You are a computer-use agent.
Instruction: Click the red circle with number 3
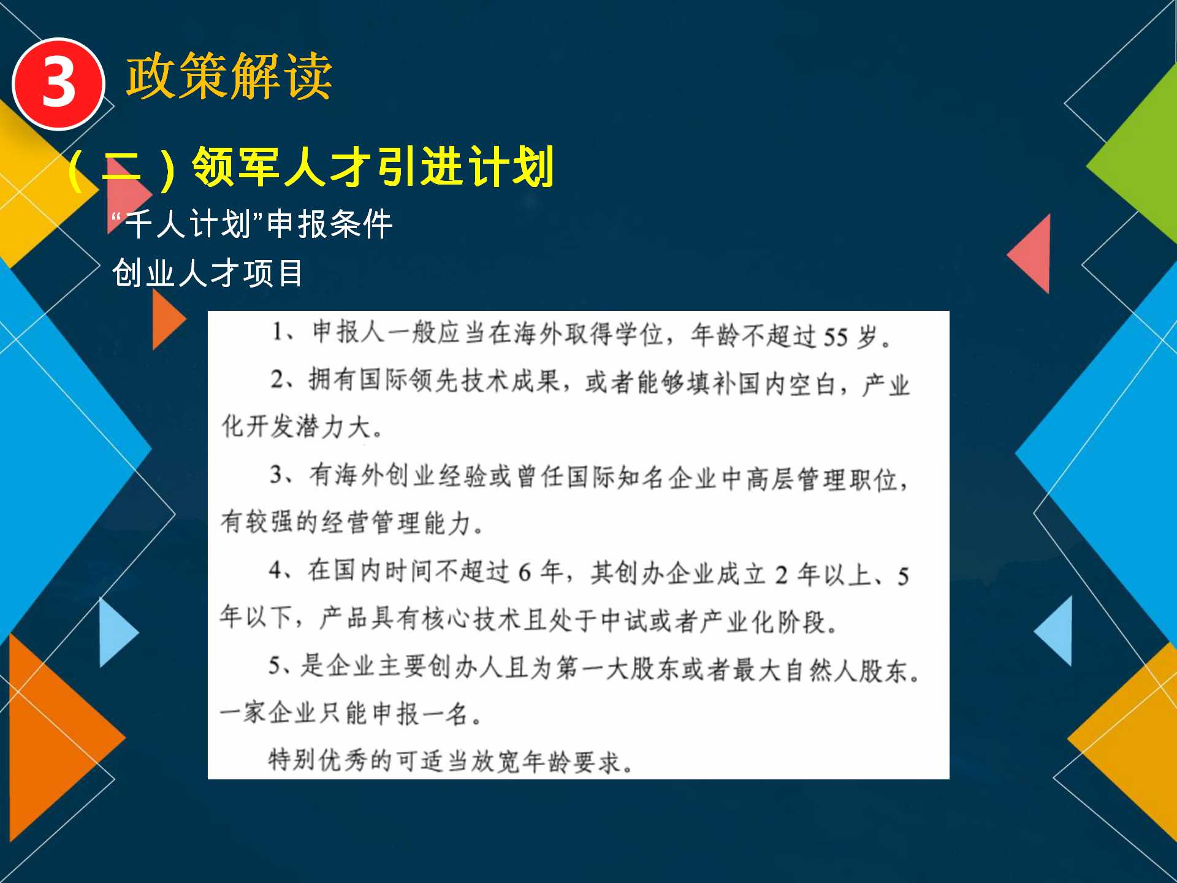tap(58, 84)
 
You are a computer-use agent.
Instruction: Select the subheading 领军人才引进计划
tap(373, 167)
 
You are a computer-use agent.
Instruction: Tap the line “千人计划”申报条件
tap(252, 224)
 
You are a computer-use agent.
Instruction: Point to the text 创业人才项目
tap(207, 273)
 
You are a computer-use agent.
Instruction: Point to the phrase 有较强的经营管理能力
tap(346, 522)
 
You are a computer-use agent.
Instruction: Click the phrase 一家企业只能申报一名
tap(344, 713)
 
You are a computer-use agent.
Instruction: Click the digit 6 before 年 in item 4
tap(524, 573)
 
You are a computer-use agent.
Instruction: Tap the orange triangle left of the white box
tap(169, 319)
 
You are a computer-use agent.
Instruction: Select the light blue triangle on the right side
tap(1054, 631)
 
